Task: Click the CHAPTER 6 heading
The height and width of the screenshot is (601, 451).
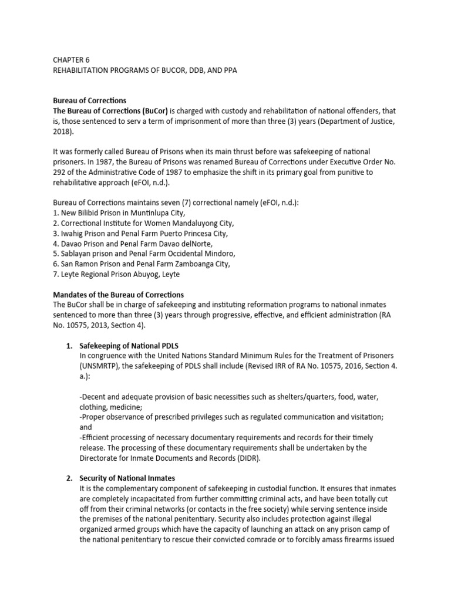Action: point(72,59)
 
